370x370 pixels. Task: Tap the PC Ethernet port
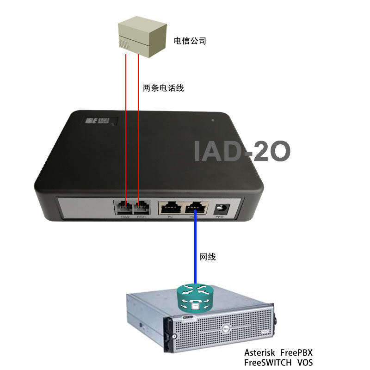pos(170,208)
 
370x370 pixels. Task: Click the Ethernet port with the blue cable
pos(196,208)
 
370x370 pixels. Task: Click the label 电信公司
pos(190,41)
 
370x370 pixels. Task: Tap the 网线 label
pos(208,257)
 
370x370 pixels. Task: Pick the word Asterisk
pos(260,351)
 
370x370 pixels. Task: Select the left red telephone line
pos(126,129)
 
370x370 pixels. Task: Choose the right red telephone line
pos(139,129)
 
